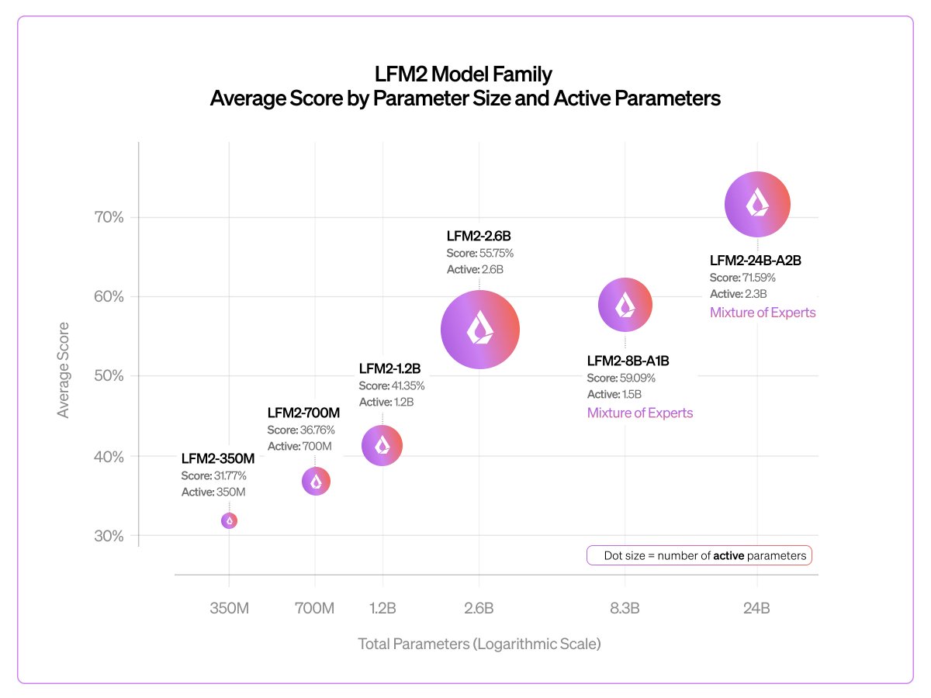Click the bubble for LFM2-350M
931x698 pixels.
pos(229,520)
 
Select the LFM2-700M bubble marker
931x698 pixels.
pos(316,482)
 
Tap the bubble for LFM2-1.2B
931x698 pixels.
pos(382,445)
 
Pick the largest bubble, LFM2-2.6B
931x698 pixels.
pos(479,330)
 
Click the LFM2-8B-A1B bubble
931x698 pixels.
pos(625,306)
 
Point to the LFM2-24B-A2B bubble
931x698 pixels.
pos(757,205)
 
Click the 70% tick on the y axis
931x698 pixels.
pos(107,217)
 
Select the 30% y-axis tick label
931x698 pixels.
pos(107,536)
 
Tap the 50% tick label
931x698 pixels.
pos(107,376)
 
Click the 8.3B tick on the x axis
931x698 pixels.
pos(625,608)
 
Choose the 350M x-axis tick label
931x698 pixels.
pos(229,608)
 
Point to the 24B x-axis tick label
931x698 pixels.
pos(756,608)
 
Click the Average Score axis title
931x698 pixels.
pos(64,370)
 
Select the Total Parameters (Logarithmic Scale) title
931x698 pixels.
pos(479,644)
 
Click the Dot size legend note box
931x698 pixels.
pos(698,555)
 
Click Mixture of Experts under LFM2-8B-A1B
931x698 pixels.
pos(639,413)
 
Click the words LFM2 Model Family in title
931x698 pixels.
pos(465,75)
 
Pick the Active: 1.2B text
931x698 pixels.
pos(386,403)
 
